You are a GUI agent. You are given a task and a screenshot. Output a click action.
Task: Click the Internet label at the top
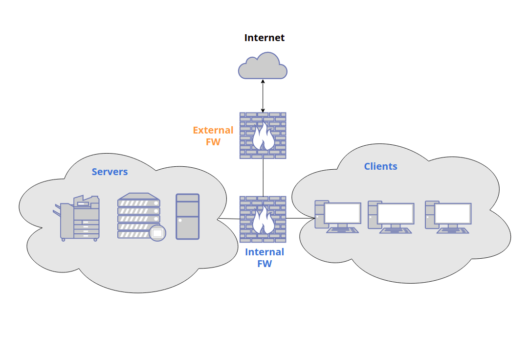click(264, 38)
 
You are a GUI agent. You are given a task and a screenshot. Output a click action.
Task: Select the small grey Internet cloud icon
click(263, 66)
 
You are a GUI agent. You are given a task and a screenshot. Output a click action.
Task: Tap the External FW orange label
click(213, 136)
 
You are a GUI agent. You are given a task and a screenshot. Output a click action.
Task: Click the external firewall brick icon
click(263, 135)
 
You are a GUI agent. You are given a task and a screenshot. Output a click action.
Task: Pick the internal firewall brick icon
click(263, 220)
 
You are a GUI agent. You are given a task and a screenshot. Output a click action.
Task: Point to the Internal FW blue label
click(265, 258)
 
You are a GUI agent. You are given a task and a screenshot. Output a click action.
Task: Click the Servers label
click(110, 172)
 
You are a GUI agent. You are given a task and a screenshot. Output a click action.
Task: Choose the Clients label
click(380, 166)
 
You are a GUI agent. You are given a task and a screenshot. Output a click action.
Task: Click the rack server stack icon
click(138, 215)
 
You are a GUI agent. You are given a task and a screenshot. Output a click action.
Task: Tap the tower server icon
click(187, 216)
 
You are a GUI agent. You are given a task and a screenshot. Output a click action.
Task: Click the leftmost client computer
click(337, 216)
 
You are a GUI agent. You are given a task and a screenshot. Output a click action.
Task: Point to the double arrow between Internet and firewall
click(263, 95)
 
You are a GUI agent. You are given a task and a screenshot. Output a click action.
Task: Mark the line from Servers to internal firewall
click(229, 219)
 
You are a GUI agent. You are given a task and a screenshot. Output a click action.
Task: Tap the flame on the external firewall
click(263, 137)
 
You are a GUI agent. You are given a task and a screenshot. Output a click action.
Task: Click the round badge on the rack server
click(157, 233)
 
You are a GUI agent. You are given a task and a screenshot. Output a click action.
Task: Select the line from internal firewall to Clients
click(300, 218)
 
